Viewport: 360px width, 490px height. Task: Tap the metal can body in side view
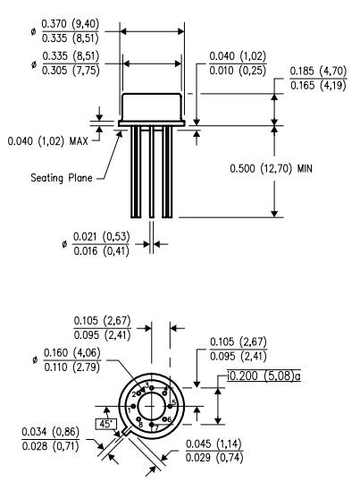tap(151, 107)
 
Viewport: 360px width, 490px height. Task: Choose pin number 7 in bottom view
tap(157, 427)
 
